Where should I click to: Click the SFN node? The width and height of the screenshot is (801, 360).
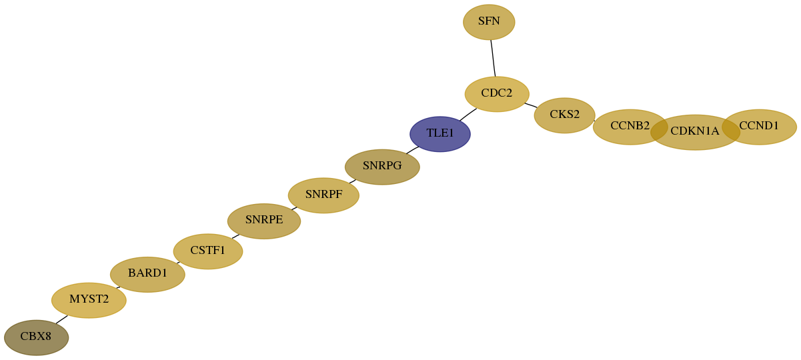489,22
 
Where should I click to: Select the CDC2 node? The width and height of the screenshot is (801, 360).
497,94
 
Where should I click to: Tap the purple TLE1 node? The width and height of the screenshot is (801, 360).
440,134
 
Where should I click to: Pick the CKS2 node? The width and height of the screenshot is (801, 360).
564,115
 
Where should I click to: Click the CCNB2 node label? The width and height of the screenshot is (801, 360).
630,126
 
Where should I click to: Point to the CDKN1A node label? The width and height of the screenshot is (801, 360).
694,131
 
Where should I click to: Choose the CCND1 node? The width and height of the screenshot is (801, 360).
759,127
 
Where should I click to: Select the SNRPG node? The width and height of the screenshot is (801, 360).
382,167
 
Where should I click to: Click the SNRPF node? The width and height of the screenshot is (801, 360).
323,195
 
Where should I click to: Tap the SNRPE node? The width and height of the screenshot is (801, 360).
264,221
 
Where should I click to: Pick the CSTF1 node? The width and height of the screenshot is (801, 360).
208,251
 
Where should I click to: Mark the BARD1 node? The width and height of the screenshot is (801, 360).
147,275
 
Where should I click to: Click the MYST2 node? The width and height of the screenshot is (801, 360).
89,300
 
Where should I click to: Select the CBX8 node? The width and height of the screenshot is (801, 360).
36,337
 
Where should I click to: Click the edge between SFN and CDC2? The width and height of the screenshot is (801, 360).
493,58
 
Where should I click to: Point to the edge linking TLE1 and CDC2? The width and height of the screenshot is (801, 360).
468,115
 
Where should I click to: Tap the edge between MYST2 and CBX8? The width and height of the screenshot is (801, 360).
61,319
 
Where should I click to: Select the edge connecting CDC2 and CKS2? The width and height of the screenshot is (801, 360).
531,105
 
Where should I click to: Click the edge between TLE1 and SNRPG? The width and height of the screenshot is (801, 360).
412,150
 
